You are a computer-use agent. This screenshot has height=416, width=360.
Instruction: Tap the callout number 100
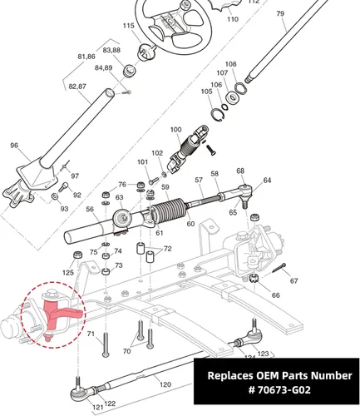176,130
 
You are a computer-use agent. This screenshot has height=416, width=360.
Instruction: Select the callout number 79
280,13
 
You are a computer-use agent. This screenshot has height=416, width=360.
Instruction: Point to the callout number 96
14,146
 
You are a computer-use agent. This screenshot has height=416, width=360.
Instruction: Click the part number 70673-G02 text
279,390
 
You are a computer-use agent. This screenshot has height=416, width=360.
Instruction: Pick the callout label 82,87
77,87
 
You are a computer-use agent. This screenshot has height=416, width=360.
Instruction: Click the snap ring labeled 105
217,115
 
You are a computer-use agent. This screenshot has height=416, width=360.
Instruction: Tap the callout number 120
165,384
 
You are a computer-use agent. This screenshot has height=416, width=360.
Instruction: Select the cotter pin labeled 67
279,268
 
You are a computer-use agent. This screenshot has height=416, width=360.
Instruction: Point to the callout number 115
129,26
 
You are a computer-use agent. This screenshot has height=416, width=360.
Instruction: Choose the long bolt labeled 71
106,344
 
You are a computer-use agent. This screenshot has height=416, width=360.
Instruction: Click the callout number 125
68,272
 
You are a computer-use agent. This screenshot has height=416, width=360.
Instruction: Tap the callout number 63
119,197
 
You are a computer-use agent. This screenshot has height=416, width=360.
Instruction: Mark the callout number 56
90,209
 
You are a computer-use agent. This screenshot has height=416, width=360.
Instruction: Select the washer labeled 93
55,196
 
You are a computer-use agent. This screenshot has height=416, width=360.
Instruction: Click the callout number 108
230,64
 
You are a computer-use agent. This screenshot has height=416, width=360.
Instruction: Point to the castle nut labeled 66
254,278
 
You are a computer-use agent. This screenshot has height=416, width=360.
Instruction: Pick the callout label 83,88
111,50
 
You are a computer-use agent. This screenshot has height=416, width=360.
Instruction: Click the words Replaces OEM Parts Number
279,375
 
